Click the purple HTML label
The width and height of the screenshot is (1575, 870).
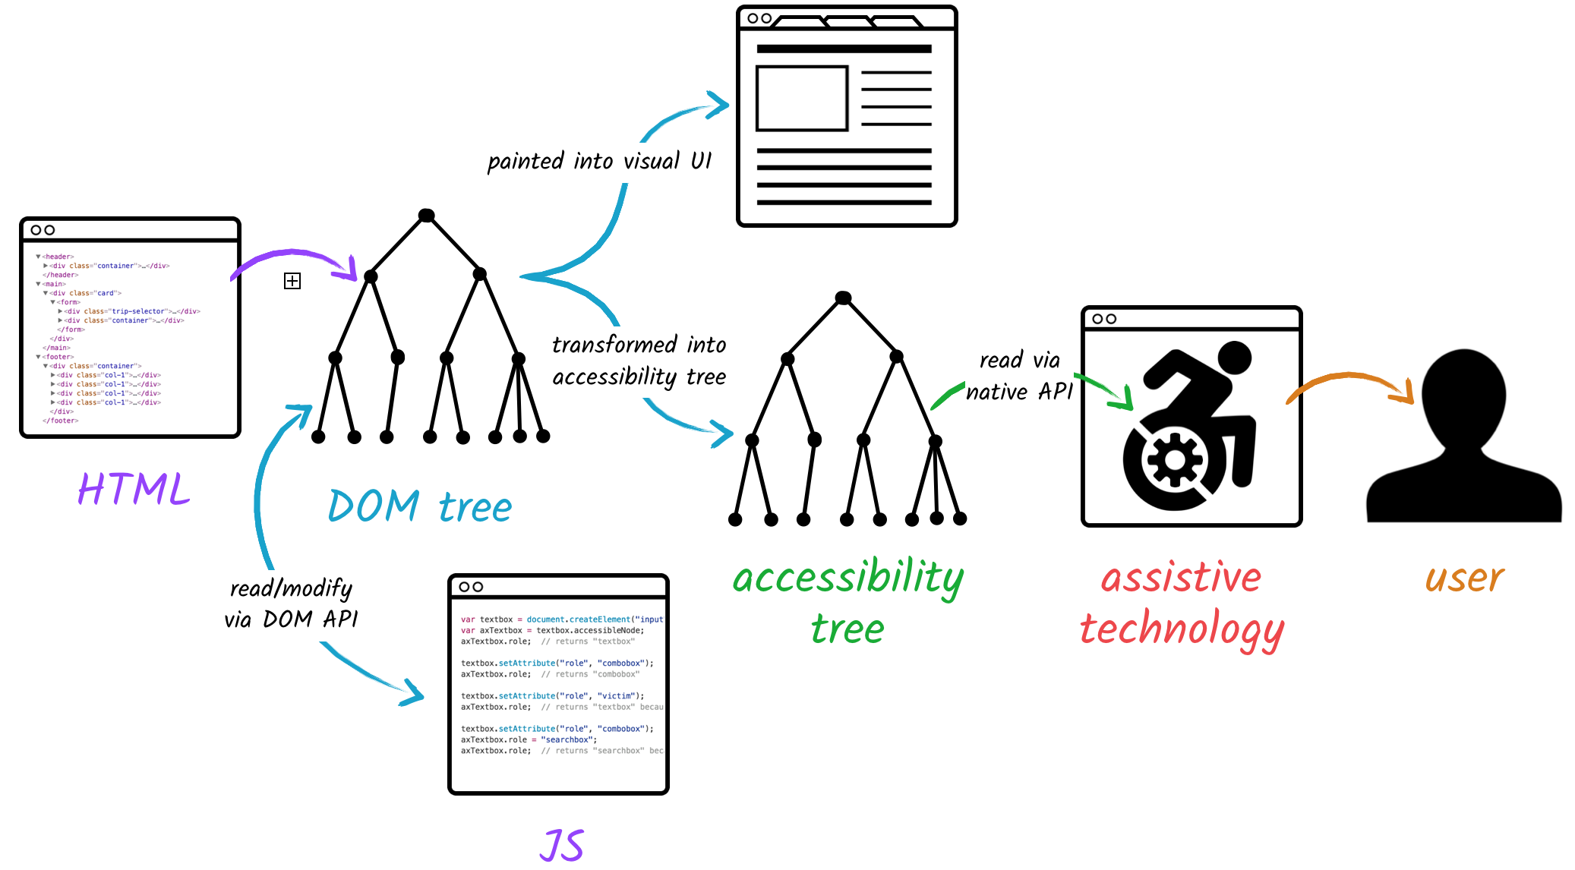134,489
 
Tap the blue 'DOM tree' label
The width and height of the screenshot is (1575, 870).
420,506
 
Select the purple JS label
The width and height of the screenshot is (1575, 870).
562,845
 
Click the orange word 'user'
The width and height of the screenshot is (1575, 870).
1463,578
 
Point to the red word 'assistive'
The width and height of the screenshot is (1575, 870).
1181,578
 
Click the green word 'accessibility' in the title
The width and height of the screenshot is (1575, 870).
847,578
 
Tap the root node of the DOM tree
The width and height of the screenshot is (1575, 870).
427,216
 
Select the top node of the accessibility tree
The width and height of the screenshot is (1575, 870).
843,298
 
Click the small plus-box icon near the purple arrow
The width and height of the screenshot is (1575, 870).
292,281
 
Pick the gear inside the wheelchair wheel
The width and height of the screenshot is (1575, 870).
1175,460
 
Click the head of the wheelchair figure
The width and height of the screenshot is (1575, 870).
1234,358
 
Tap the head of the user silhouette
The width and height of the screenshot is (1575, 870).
1463,395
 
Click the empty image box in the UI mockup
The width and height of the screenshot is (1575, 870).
802,99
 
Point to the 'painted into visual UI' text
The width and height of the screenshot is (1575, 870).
599,162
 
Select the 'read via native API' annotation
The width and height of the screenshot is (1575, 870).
1019,376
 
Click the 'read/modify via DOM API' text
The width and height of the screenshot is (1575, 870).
291,604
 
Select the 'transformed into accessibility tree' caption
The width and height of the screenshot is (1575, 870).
639,361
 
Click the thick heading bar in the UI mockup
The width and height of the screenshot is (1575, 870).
844,49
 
